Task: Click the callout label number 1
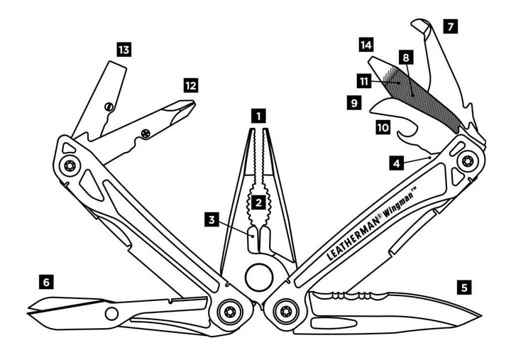(x=259, y=114)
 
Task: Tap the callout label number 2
(x=259, y=202)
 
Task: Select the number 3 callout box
(x=211, y=220)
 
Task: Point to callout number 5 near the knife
(x=463, y=288)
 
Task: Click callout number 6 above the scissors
(x=46, y=282)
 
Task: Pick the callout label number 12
(x=189, y=86)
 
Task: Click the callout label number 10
(x=383, y=128)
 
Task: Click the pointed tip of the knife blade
(x=480, y=315)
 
